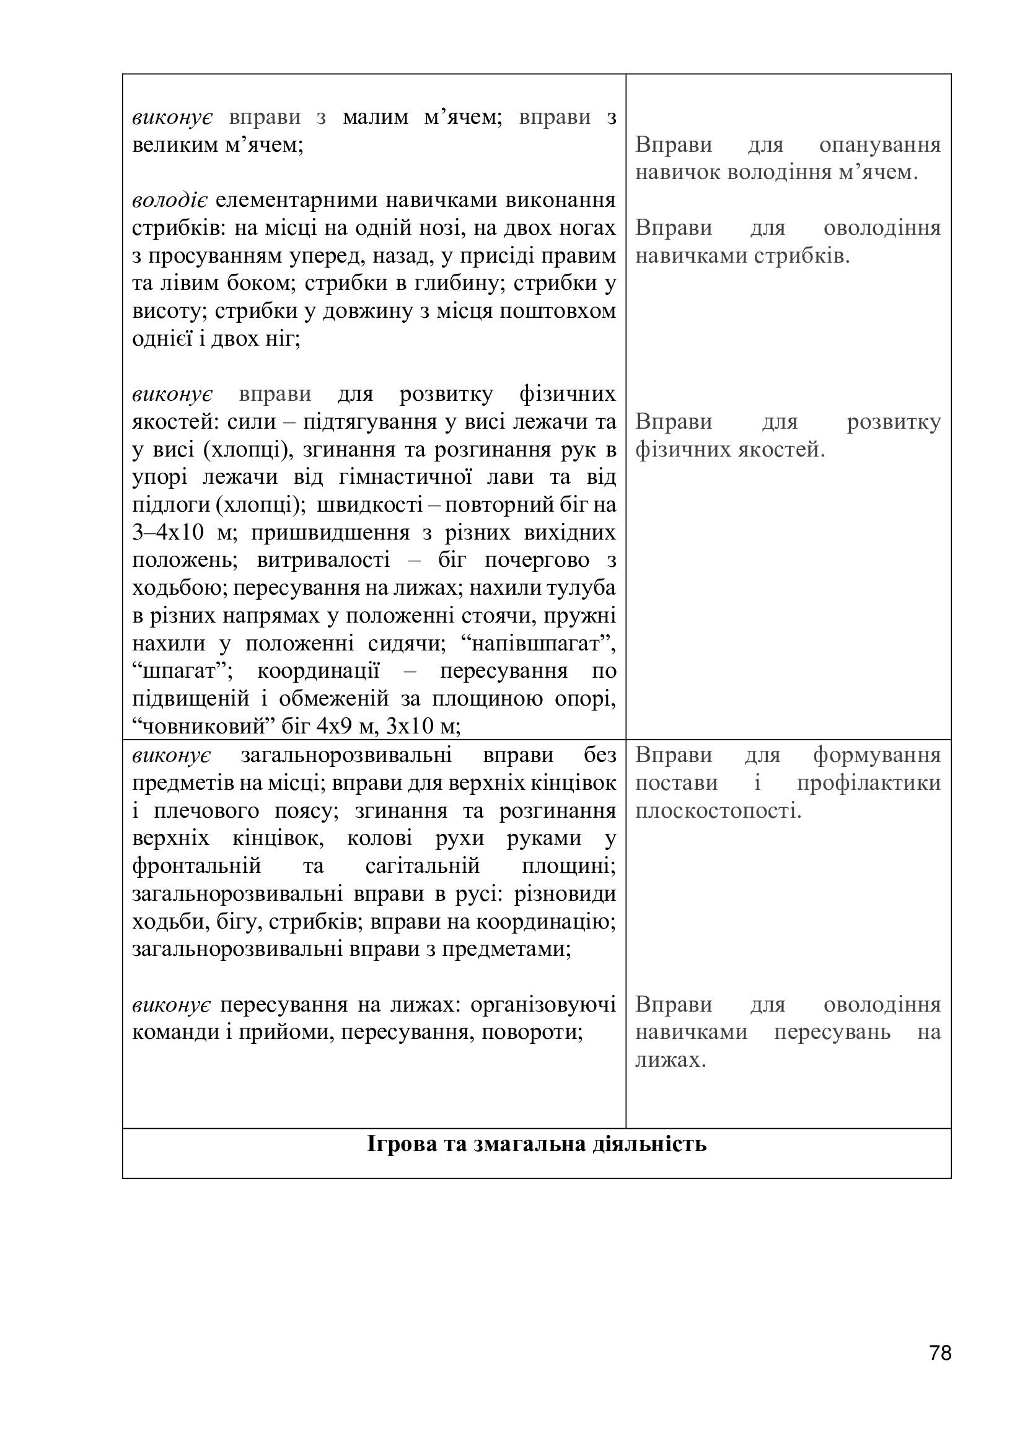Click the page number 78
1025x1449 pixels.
tap(940, 1370)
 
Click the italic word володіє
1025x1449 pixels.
tap(170, 200)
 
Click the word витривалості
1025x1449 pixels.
tap(323, 561)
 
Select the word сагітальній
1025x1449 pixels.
tap(422, 865)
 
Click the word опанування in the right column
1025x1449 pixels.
tap(879, 145)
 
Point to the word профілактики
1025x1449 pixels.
tap(868, 782)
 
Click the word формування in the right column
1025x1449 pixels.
tap(876, 755)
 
